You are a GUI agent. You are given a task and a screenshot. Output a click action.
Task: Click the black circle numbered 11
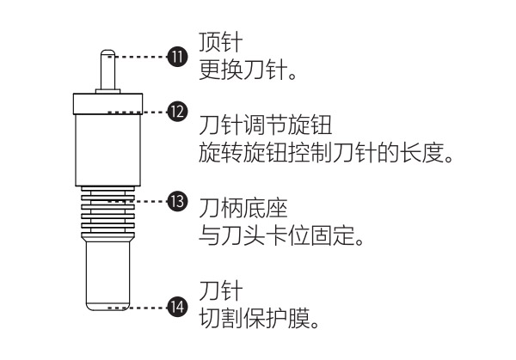[177, 57]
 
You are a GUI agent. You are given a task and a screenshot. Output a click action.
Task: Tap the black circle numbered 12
[177, 112]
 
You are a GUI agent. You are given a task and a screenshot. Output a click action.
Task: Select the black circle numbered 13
[177, 201]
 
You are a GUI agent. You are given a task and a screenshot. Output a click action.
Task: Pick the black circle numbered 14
[177, 307]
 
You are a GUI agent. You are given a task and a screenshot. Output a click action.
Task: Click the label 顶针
[221, 42]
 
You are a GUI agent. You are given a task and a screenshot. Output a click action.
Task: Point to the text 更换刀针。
[248, 70]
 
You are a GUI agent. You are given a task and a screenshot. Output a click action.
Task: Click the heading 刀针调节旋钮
[265, 125]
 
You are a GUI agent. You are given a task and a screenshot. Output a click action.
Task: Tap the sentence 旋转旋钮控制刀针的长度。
[326, 153]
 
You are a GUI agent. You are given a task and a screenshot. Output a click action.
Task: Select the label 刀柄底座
[243, 208]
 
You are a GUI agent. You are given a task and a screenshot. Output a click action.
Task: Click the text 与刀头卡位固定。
[281, 235]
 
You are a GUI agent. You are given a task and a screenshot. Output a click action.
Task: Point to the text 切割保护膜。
[260, 318]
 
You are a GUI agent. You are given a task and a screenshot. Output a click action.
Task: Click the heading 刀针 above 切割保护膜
[221, 290]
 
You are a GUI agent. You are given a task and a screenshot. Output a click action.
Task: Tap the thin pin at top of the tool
[108, 70]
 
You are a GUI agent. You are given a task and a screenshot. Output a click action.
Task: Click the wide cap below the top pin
[107, 104]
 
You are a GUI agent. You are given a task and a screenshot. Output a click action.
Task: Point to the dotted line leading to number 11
[138, 57]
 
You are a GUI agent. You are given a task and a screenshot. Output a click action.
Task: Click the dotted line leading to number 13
[138, 201]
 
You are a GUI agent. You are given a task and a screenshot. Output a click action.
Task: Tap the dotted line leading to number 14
[138, 308]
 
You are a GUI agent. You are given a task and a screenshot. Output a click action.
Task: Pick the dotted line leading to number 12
[138, 112]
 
